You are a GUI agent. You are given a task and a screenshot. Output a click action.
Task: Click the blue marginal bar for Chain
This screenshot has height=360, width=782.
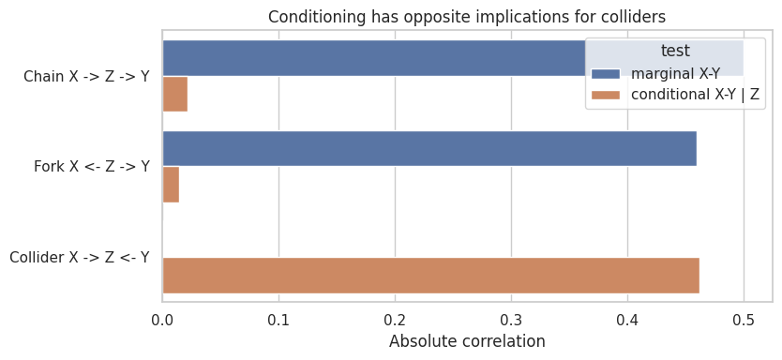(x=374, y=58)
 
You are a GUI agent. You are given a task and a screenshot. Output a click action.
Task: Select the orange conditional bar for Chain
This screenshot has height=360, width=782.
(x=175, y=94)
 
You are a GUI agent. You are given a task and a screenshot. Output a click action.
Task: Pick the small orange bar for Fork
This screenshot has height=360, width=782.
(x=171, y=185)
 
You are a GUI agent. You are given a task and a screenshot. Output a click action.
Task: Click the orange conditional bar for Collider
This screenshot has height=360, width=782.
(x=431, y=276)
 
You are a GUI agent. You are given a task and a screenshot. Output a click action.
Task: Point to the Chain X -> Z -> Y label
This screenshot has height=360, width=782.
(x=86, y=76)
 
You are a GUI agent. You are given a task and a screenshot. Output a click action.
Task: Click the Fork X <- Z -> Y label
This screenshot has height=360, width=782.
(x=92, y=167)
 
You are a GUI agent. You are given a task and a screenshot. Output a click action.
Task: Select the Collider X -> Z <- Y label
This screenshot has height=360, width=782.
(x=80, y=257)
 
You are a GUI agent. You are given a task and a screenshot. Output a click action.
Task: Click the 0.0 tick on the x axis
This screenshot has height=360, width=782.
(x=162, y=318)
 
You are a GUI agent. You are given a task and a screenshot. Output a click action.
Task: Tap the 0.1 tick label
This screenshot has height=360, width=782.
(x=278, y=318)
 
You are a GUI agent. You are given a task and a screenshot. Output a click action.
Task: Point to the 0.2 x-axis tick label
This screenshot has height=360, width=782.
(x=395, y=318)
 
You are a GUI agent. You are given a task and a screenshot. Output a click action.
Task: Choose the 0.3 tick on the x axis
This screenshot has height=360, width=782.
(x=511, y=318)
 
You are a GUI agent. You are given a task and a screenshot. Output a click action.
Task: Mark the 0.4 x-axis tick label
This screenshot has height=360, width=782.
(x=627, y=318)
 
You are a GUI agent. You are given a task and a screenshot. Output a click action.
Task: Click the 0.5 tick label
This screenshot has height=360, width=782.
(x=744, y=318)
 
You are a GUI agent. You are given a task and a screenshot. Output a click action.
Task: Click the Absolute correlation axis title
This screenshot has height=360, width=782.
(x=467, y=341)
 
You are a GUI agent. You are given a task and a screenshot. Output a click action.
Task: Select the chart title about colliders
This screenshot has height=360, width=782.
(x=467, y=17)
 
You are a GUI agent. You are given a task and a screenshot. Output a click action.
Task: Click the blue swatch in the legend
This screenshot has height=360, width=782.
(x=606, y=74)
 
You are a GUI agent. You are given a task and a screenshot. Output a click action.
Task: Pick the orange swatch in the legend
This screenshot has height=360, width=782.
(x=606, y=95)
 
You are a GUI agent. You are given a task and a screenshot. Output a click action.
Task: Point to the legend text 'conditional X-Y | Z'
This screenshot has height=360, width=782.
(x=695, y=95)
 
